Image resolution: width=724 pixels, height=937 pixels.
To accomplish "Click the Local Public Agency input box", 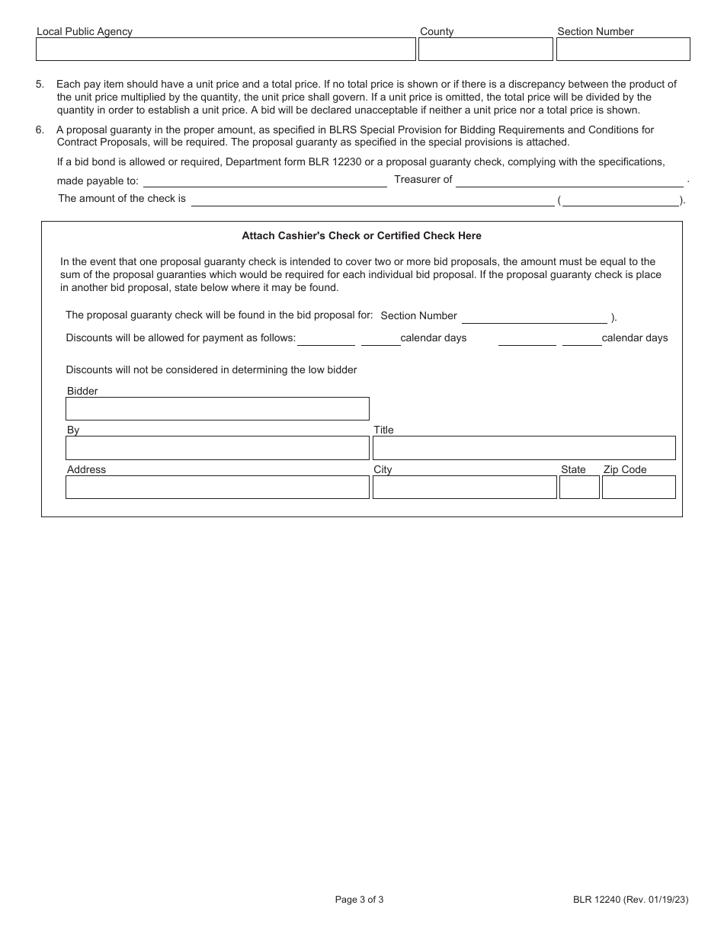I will coord(226,50).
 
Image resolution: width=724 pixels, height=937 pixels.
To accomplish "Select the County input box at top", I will coord(485,50).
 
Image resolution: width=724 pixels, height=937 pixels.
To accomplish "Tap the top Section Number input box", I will coord(623,50).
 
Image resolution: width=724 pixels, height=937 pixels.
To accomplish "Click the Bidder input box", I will coord(217,409).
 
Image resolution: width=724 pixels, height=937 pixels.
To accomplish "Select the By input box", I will coord(217,448).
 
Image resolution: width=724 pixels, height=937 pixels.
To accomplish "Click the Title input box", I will coord(524,448).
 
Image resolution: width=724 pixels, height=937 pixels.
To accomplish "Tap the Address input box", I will coord(217,488).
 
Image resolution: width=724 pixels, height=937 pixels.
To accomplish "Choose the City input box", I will coord(464,488).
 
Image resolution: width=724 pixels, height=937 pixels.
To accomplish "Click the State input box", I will coord(579,488).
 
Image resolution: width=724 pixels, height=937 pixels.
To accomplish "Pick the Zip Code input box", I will coord(639,488).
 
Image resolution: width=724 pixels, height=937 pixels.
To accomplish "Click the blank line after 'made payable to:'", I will coord(265,182).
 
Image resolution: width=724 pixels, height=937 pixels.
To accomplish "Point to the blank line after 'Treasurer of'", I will coord(569,182).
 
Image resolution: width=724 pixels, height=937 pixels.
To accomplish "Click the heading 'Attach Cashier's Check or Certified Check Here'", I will coord(361,236).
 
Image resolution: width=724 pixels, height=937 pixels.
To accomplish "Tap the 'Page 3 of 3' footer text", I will coord(359,900).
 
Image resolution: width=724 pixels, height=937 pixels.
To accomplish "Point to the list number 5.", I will coord(39,85).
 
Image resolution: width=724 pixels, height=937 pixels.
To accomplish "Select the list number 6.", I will coord(39,130).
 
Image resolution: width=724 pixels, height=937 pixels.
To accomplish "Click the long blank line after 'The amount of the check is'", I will coord(373,201).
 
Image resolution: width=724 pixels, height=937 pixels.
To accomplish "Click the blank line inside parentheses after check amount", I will coord(620,201).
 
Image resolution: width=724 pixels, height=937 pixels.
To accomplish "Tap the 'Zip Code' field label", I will coord(624,470).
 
